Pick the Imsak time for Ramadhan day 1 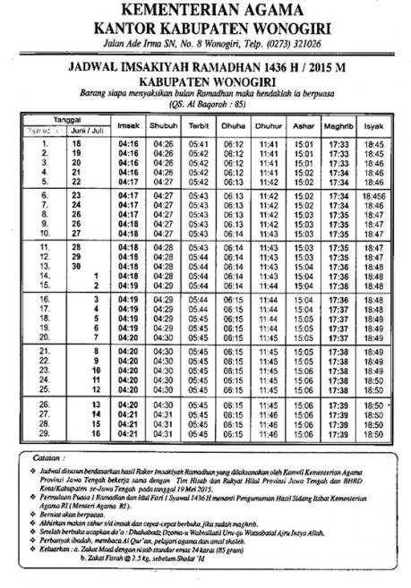tap(129, 143)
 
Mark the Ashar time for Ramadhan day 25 tap(304, 391)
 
